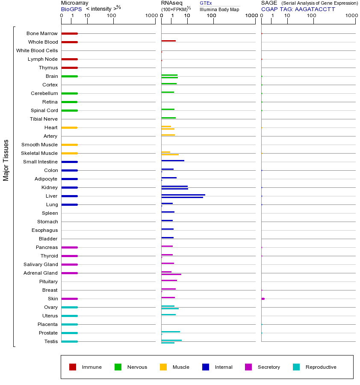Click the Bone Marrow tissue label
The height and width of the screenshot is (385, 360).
(x=42, y=33)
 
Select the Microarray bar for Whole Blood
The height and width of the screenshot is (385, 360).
(x=69, y=42)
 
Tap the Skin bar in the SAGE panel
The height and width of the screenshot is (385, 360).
(x=263, y=299)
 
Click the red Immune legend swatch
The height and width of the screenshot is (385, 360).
(x=73, y=367)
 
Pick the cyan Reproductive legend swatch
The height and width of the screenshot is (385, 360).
(x=296, y=367)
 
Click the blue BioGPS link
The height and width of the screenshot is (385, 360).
(x=71, y=9)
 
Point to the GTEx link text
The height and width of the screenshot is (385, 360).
(x=206, y=3)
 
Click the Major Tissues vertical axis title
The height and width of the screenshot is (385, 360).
(x=6, y=160)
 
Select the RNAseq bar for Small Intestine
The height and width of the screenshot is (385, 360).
(x=173, y=160)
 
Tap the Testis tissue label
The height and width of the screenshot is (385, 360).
(x=51, y=341)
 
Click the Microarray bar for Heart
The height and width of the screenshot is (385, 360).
(x=69, y=127)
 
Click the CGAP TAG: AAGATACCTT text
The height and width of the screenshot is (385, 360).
(x=298, y=9)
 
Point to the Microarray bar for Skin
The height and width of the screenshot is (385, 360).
(x=69, y=299)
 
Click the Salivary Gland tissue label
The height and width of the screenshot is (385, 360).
(x=41, y=264)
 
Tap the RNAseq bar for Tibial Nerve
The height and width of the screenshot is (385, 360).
(x=168, y=118)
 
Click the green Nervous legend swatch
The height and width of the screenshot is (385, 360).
(x=118, y=367)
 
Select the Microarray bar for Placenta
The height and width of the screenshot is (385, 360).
(x=69, y=324)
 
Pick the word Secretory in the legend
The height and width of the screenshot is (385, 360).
(x=269, y=367)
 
